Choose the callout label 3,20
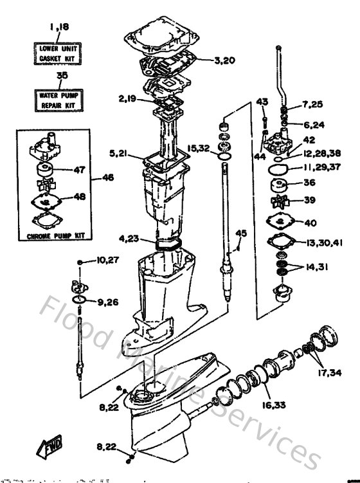pos(225,60)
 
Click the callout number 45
pos(241,233)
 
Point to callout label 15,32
pos(199,149)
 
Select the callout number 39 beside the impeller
pos(310,201)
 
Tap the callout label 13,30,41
pos(324,242)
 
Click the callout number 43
pos(261,102)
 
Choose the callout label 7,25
pos(313,104)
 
